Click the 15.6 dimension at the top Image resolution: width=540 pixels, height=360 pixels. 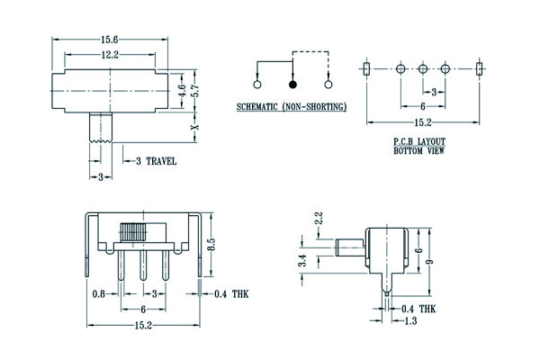[x=110, y=40]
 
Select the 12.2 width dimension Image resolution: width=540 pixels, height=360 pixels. [x=110, y=55]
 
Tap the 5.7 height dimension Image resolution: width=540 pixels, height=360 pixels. [x=193, y=90]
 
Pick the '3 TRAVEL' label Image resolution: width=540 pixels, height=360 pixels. [x=156, y=161]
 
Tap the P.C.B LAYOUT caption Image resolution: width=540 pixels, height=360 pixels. [x=419, y=142]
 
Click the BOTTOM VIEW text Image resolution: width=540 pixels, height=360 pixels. [x=419, y=151]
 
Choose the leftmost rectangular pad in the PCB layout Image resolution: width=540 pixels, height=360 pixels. [x=366, y=68]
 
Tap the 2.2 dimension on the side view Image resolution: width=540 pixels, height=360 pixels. [x=318, y=219]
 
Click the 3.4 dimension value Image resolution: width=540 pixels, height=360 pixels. [x=304, y=261]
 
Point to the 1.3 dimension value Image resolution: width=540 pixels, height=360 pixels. [x=410, y=320]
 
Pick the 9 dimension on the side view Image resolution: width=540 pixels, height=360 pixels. [x=430, y=261]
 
